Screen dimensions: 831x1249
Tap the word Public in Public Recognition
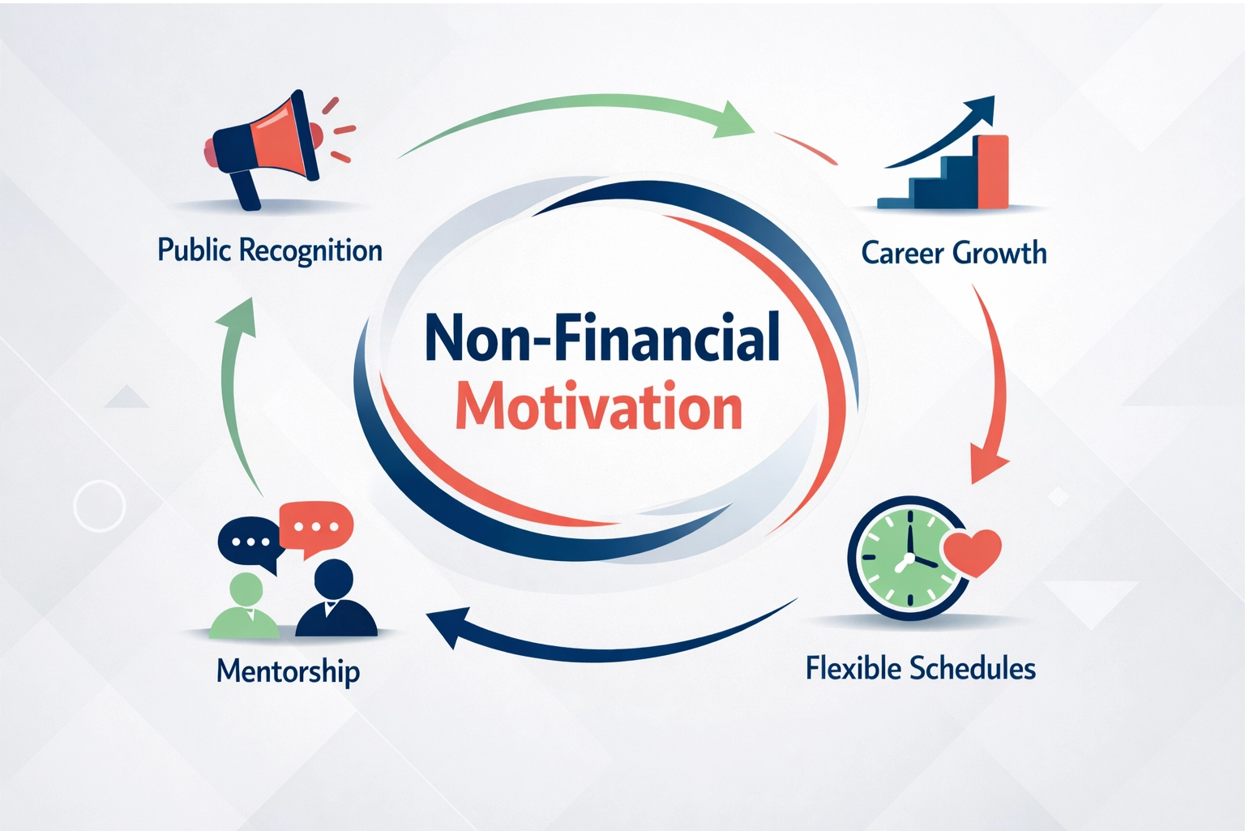pos(195,250)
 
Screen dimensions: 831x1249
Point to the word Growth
pos(1000,253)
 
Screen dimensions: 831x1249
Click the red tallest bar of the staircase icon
pos(993,172)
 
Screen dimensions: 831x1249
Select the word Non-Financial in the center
pos(602,337)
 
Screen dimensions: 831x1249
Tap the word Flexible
pos(853,669)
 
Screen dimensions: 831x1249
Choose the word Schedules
pos(973,669)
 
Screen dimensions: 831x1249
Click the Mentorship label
pos(288,672)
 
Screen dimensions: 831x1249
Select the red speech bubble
pos(316,526)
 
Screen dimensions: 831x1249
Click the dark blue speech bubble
pos(249,542)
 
